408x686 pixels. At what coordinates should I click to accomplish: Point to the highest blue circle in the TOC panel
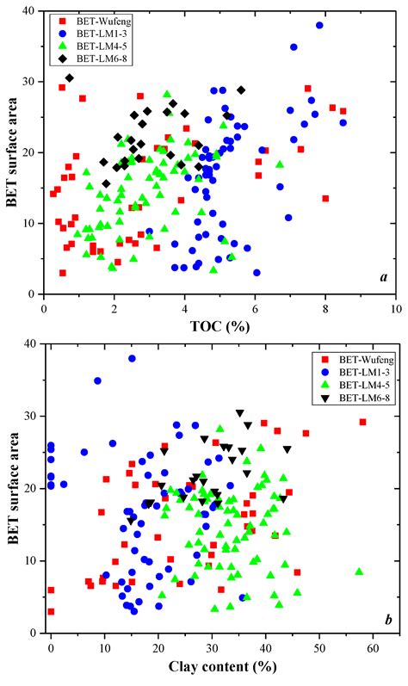(319, 25)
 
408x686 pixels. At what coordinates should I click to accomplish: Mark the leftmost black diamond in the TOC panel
(70, 77)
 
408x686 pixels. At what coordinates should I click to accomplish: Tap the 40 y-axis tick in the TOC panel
(33, 11)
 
